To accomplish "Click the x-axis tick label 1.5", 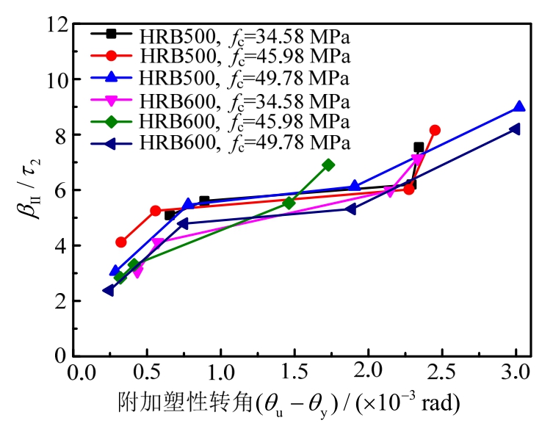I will pyautogui.click(x=294, y=373).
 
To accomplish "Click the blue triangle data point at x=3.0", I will pyautogui.click(x=519, y=106).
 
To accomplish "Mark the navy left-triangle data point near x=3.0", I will pyautogui.click(x=515, y=129).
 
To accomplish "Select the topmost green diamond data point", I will pyautogui.click(x=328, y=165).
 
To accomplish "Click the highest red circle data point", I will pyautogui.click(x=435, y=130).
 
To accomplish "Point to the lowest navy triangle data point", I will pyautogui.click(x=109, y=290).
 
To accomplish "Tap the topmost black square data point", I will pyautogui.click(x=419, y=148).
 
